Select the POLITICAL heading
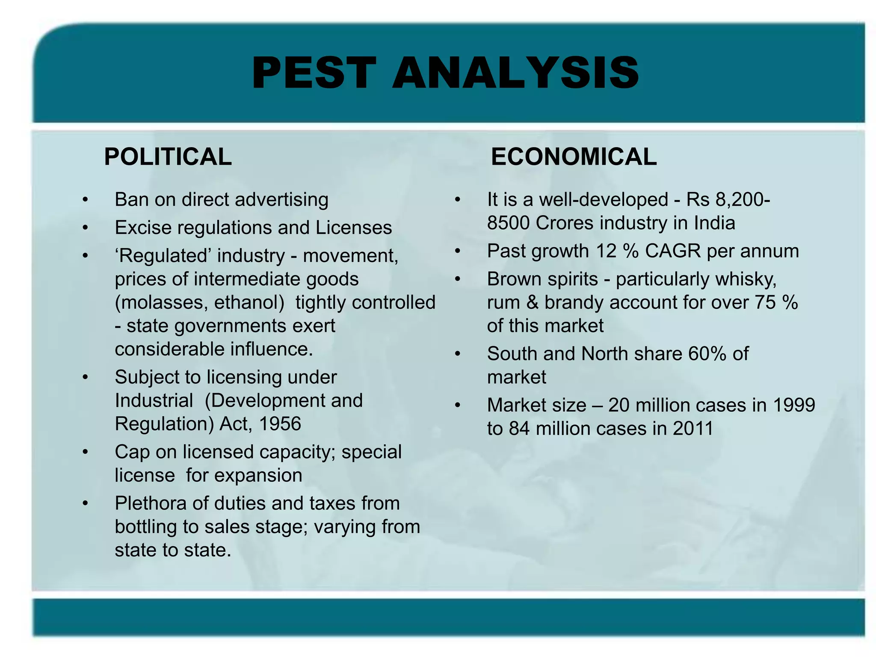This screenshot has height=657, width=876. click(168, 157)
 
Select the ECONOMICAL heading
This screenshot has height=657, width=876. click(574, 157)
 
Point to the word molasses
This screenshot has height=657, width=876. click(163, 303)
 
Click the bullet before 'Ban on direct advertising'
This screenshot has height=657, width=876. click(86, 200)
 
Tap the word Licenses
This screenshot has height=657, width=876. click(353, 228)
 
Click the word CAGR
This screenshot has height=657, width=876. click(673, 251)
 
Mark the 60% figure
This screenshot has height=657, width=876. click(707, 354)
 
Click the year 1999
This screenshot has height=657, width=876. click(794, 405)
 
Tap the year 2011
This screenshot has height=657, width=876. click(693, 429)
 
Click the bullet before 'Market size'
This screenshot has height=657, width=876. click(458, 405)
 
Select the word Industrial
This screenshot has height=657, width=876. click(154, 401)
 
